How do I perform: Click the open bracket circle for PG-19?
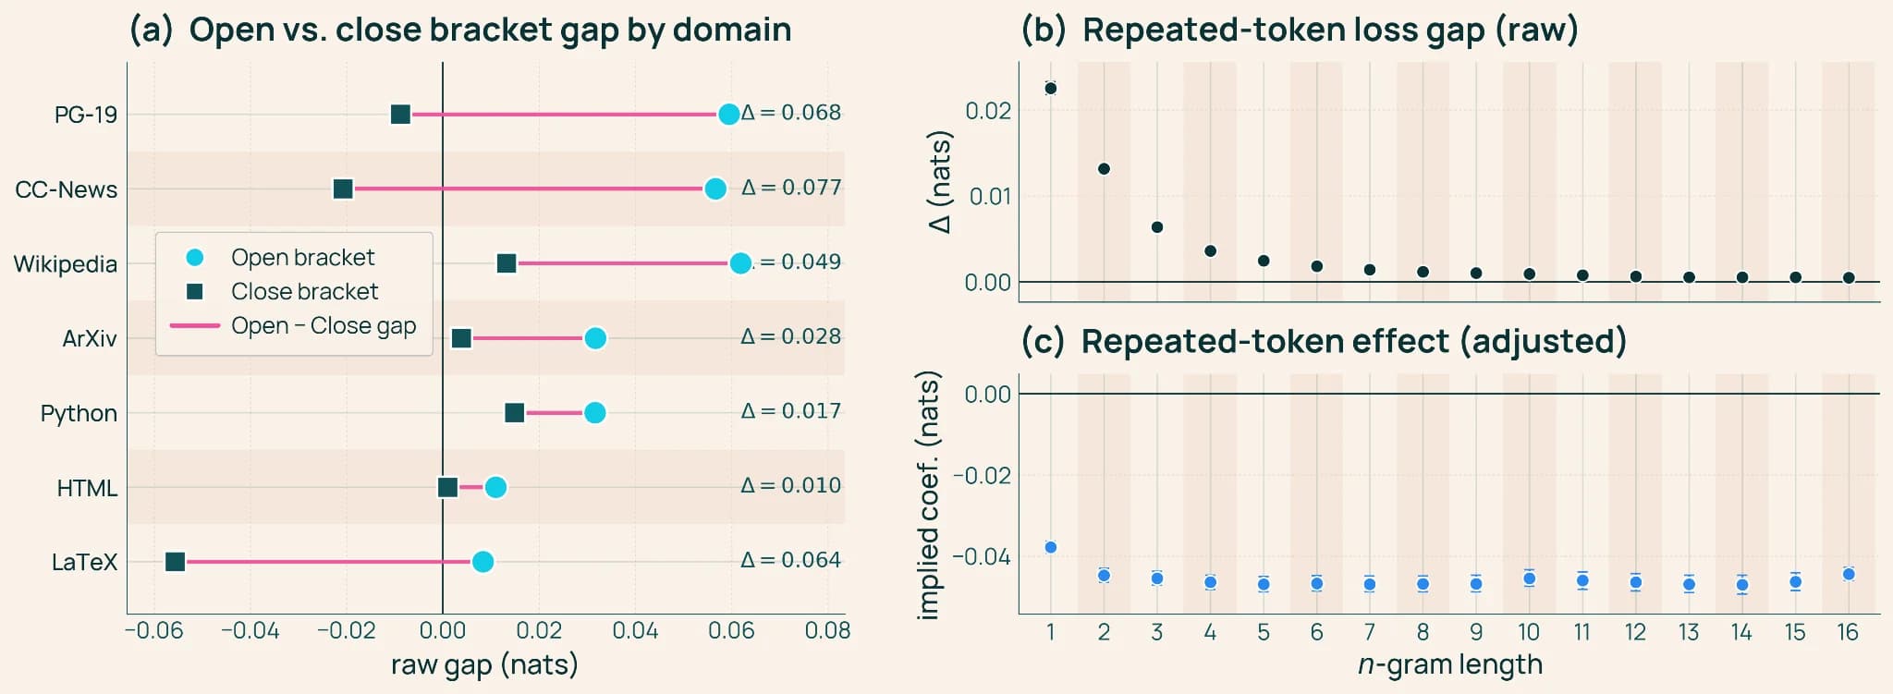tap(728, 115)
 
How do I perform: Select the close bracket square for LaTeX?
tap(175, 562)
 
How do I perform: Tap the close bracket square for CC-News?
tap(343, 189)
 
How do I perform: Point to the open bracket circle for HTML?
tap(495, 487)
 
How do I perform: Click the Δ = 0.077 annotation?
tap(791, 188)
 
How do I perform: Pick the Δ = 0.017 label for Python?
tap(791, 411)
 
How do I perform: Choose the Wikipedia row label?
tap(66, 264)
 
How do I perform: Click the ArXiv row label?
tap(90, 339)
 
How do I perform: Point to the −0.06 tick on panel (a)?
tap(154, 631)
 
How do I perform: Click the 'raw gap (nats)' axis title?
tap(484, 665)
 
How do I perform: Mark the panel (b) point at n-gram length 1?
tap(1050, 89)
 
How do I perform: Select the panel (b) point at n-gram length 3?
tap(1157, 227)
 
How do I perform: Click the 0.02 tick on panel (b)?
tap(988, 111)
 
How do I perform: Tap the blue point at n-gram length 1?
tap(1050, 547)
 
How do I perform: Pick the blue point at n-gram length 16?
tap(1849, 574)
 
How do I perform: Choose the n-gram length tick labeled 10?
tap(1529, 632)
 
